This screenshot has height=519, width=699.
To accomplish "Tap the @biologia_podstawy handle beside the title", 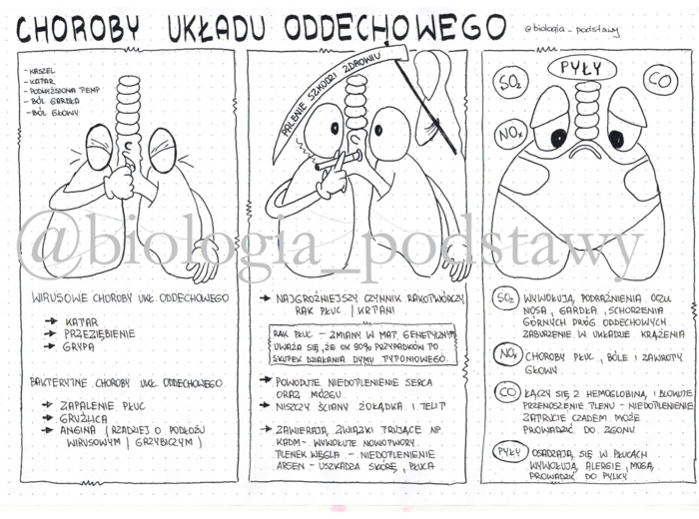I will (571, 30).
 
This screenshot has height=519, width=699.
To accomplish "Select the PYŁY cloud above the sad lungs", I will (579, 67).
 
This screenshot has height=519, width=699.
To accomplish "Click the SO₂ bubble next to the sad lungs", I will (512, 79).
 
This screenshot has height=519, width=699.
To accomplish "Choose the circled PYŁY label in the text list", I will (509, 452).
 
